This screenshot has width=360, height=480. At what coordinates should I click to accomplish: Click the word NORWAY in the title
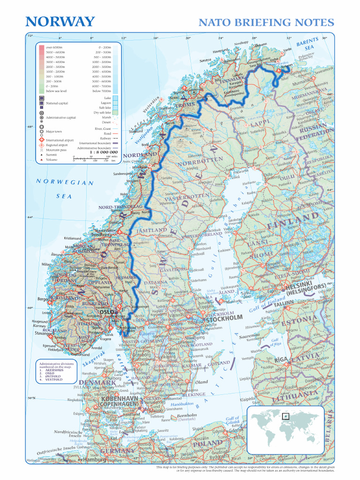(60, 22)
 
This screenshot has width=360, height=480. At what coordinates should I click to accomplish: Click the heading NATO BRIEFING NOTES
(266, 22)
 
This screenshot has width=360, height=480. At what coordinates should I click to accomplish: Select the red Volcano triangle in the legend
(42, 160)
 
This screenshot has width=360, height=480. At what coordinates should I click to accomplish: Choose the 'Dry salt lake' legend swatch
(115, 112)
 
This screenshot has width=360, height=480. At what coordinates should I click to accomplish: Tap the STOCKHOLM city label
(223, 318)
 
